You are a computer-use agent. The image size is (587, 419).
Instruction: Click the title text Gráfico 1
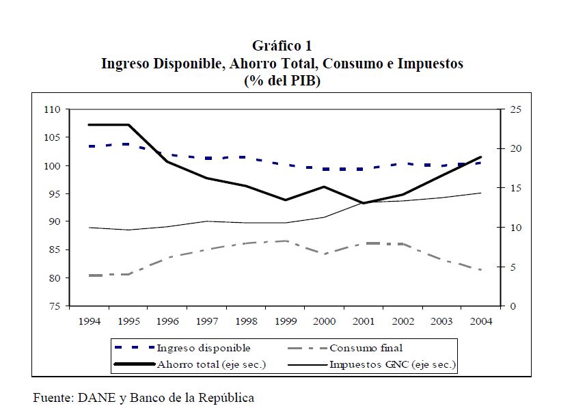[282, 46]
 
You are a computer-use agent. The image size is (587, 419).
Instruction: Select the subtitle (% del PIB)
[282, 80]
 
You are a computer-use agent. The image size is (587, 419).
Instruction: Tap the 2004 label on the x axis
[480, 320]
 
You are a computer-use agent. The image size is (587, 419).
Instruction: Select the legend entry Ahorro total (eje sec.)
[211, 364]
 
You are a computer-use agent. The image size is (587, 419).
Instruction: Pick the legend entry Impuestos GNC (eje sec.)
[392, 364]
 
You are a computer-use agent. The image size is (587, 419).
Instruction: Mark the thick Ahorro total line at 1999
[285, 200]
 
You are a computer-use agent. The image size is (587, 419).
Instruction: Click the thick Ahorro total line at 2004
[480, 158]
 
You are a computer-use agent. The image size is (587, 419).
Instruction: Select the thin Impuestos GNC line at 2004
[480, 193]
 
